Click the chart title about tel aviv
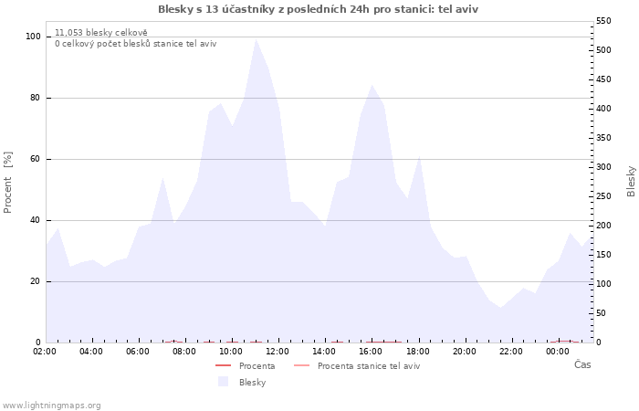[318, 9]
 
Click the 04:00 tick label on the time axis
[91, 351]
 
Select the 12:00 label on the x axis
[278, 351]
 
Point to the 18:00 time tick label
[418, 351]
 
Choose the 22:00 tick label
[511, 351]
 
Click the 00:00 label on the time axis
[558, 351]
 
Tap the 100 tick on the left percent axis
[33, 37]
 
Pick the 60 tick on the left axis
[36, 159]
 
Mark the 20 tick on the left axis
[36, 281]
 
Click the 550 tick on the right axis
[604, 21]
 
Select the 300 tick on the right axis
[604, 167]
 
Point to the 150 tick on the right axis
[604, 255]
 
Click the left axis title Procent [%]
[8, 183]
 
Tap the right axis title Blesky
[631, 181]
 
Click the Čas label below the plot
[581, 364]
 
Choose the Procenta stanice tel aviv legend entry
[368, 366]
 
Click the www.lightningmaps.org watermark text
[51, 406]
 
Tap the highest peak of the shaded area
[256, 38]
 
